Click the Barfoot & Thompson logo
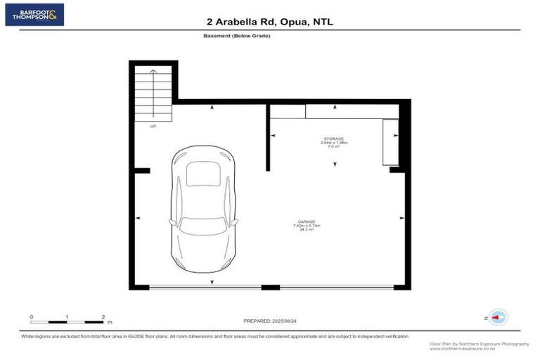[x=34, y=14]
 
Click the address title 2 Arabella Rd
[x=270, y=22]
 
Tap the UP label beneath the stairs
[x=153, y=127]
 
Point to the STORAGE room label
[x=334, y=139]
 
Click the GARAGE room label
[x=305, y=221]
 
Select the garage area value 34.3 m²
[x=305, y=229]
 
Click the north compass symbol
[x=499, y=317]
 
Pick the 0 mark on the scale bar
[x=32, y=317]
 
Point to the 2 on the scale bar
[x=103, y=317]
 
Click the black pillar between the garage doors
[x=271, y=287]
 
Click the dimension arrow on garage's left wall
[x=138, y=219]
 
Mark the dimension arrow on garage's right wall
[x=400, y=219]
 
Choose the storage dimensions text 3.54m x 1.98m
[x=334, y=143]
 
